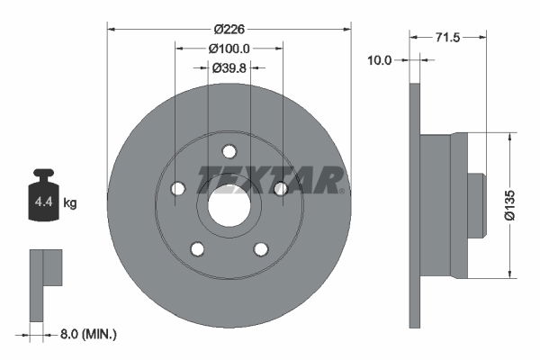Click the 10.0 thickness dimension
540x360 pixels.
(381, 60)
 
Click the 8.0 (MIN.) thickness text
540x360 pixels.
(86, 334)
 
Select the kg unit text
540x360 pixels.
(70, 203)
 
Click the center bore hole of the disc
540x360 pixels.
(229, 206)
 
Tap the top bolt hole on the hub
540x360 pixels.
(229, 151)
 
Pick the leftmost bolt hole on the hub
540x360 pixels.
(177, 188)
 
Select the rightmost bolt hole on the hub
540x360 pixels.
(280, 188)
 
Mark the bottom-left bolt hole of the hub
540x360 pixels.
(197, 248)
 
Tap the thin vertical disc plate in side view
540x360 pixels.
(415, 205)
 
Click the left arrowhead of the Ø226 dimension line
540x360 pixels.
(112, 28)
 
